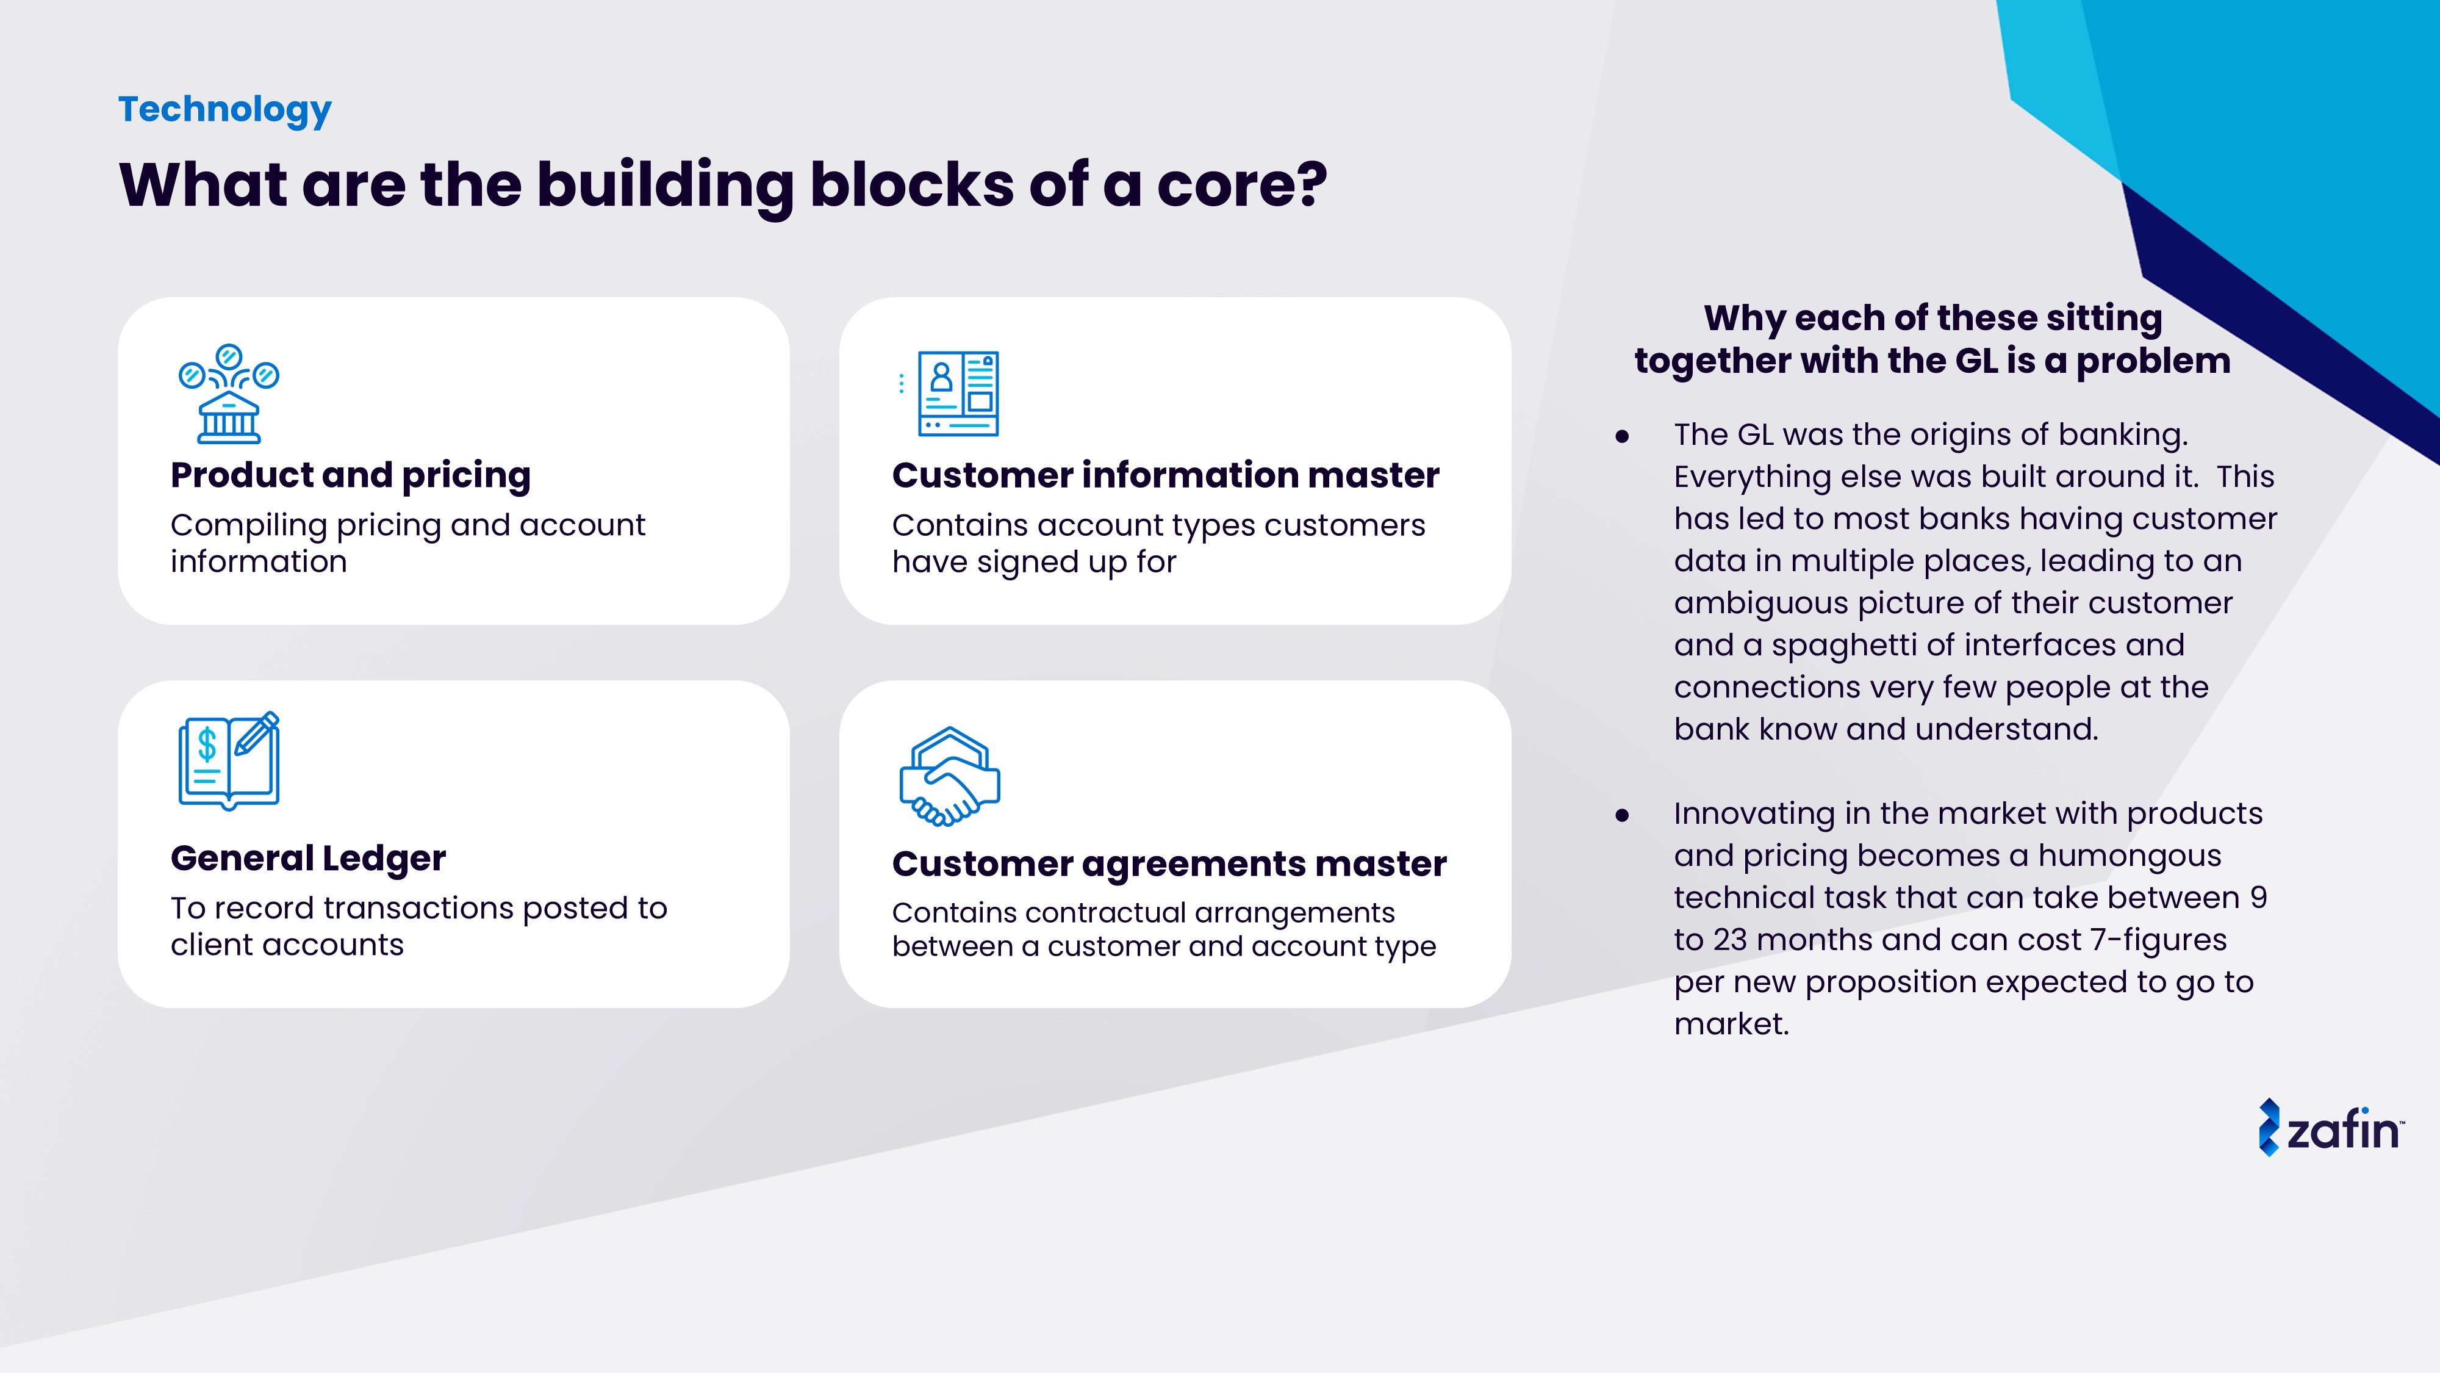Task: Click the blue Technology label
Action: point(224,109)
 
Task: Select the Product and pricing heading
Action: point(351,475)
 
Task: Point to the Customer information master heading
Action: point(1165,475)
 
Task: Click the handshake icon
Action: point(949,776)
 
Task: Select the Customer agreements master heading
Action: point(1169,863)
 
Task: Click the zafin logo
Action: point(2330,1128)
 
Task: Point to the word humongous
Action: point(2130,856)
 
